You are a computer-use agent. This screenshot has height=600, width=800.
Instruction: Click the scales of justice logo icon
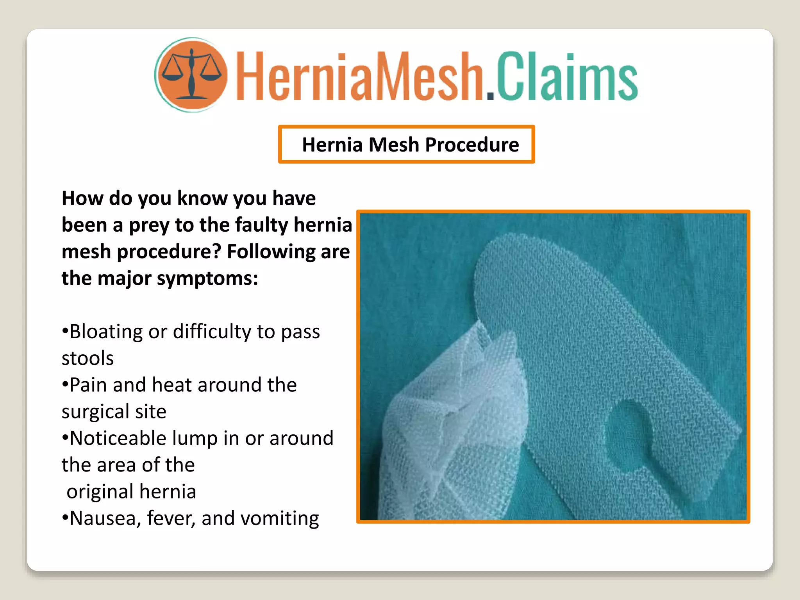coord(191,74)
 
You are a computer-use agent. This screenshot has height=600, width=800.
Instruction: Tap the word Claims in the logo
coord(566,76)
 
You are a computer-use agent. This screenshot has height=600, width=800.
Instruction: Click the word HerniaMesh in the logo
coord(359,76)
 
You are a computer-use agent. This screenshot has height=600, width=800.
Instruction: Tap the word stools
coord(87,358)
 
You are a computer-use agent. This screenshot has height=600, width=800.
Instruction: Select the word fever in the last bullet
coord(170,518)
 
